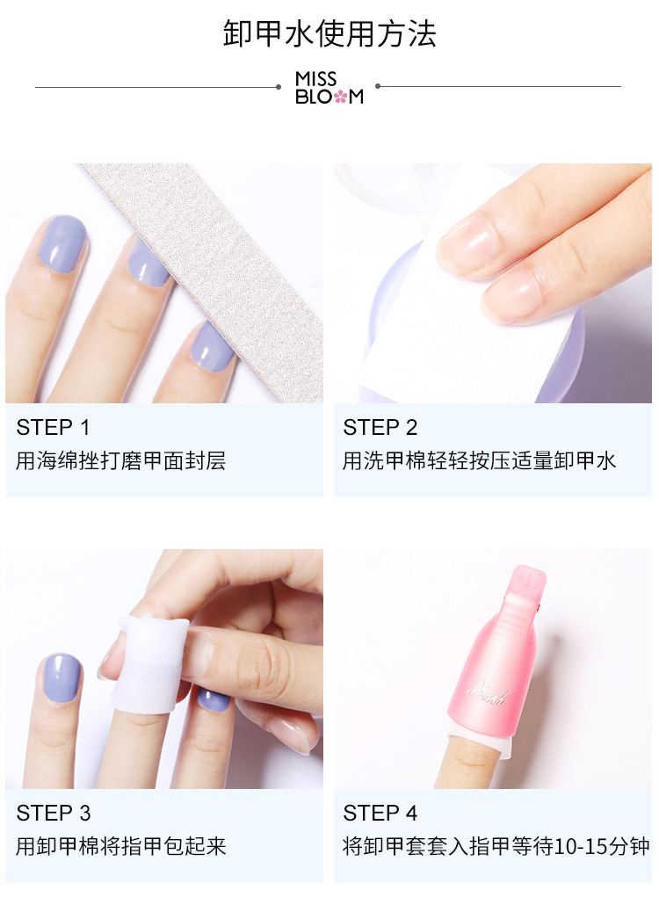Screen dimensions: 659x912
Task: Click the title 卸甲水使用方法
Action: click(329, 33)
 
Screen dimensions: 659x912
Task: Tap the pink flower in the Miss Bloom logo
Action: click(340, 97)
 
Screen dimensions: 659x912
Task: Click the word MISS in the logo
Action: click(315, 78)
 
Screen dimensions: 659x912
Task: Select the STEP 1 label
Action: click(53, 428)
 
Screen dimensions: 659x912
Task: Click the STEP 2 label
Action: click(380, 428)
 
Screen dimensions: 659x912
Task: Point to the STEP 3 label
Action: click(54, 813)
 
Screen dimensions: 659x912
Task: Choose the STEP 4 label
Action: click(380, 813)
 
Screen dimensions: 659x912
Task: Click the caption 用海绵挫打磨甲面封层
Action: click(121, 460)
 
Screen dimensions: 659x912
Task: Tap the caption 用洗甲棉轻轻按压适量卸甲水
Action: click(479, 460)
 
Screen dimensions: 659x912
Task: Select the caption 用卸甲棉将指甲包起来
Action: click(121, 846)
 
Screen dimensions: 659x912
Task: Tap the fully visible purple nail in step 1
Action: click(62, 243)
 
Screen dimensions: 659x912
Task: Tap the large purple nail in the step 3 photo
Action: click(62, 679)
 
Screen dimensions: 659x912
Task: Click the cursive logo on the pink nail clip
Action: click(489, 694)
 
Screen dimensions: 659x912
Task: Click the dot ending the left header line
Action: click(279, 87)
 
